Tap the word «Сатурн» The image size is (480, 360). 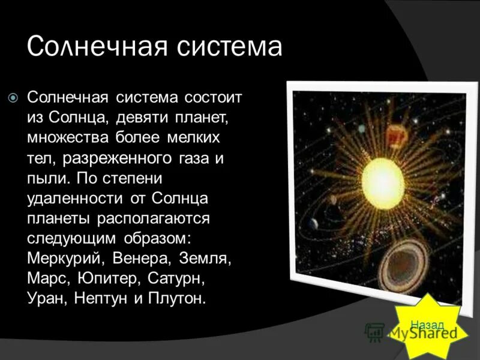tap(184, 278)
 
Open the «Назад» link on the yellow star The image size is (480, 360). tap(427, 324)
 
